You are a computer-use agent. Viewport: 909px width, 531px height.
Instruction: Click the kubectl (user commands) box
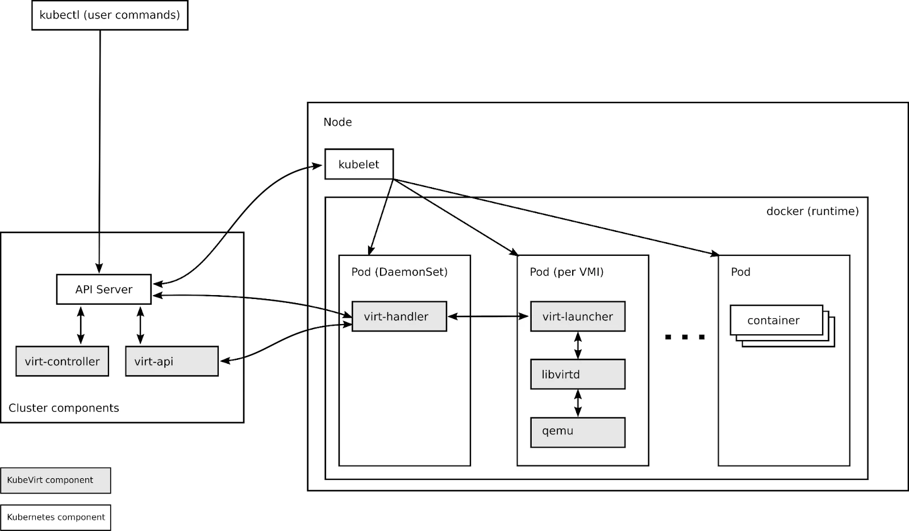[110, 15]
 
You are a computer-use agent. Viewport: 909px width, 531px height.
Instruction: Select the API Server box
[103, 289]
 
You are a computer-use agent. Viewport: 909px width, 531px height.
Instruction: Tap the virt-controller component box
[62, 362]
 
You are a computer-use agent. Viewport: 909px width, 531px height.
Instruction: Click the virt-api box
[172, 362]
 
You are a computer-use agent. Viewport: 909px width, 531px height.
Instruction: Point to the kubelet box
[358, 164]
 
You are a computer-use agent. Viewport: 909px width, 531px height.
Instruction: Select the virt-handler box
[399, 317]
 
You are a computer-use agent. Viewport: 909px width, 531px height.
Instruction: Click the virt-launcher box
[577, 317]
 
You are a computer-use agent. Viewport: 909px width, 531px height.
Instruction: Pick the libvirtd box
[577, 375]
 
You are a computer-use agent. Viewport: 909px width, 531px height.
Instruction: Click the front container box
[775, 321]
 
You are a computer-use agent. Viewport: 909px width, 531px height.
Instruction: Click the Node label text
[337, 122]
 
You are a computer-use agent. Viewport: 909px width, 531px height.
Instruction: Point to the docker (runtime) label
[812, 211]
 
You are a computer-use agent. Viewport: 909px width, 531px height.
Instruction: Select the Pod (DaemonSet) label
[399, 272]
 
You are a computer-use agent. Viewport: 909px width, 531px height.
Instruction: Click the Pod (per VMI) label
[566, 272]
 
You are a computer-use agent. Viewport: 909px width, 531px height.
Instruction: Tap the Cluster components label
[64, 408]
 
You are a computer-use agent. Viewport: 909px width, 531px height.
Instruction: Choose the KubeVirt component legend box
[55, 480]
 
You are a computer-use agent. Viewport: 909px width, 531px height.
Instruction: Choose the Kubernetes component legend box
[56, 517]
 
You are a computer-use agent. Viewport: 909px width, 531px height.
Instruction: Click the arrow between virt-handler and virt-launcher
[488, 317]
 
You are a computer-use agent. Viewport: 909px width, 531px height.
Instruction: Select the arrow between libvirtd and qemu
[578, 403]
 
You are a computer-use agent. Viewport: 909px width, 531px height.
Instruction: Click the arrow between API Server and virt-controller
[81, 325]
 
